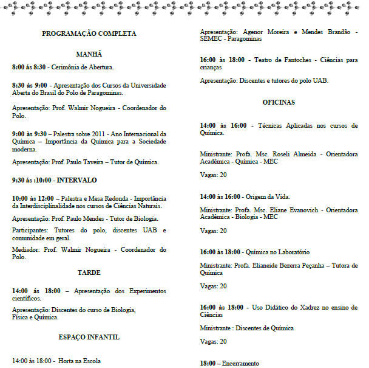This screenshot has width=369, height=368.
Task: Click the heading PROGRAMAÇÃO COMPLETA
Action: pos(89,34)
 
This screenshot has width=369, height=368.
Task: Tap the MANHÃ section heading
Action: pos(89,54)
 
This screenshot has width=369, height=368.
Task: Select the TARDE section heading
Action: pos(89,273)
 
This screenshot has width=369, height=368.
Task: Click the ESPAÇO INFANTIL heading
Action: pos(89,337)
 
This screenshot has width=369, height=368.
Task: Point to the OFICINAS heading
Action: pos(279,102)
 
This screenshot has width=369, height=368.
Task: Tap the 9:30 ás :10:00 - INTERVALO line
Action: pos(54,181)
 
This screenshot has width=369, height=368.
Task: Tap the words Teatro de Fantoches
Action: pos(289,60)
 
